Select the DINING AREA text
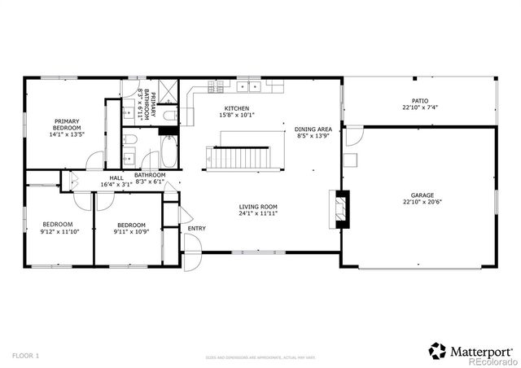313,129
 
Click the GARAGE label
422,195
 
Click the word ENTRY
196,228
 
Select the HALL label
116,177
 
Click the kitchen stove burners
218,85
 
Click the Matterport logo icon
437,351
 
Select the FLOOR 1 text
25,356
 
